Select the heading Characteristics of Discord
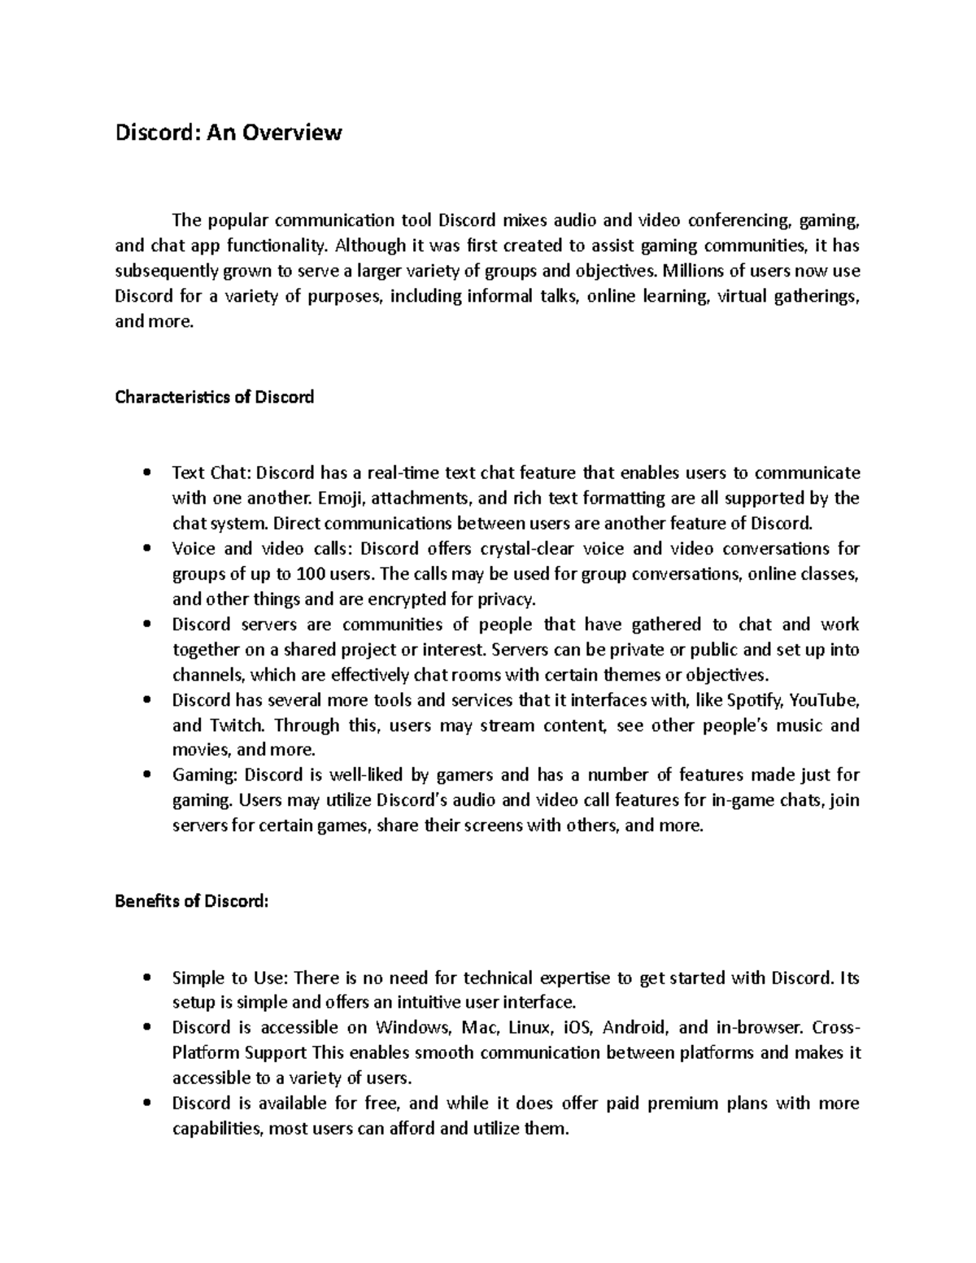point(214,398)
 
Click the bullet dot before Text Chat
point(146,473)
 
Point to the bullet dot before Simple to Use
point(146,978)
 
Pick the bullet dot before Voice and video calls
point(146,549)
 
